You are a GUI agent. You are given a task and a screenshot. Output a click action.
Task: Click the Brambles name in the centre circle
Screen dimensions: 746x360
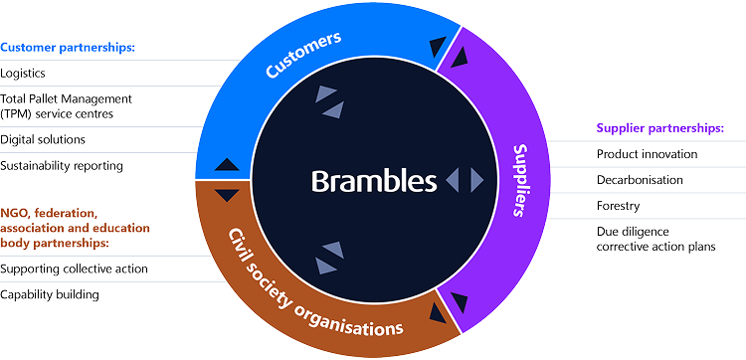coord(374,181)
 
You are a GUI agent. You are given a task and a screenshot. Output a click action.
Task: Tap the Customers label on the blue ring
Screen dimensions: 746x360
coord(303,55)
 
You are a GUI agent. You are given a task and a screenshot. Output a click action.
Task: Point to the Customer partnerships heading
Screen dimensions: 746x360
coord(68,47)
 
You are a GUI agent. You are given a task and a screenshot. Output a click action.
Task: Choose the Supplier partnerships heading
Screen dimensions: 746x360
coord(660,128)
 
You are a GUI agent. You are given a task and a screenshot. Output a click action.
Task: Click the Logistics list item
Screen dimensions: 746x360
coord(23,74)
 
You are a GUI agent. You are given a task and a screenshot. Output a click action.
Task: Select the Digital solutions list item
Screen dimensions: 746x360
coord(43,139)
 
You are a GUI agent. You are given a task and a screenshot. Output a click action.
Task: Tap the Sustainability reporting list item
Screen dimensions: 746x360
coord(62,166)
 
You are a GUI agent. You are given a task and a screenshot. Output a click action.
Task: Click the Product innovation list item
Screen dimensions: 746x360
coord(648,154)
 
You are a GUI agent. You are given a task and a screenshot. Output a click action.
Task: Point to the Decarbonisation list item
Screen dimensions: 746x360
coord(640,180)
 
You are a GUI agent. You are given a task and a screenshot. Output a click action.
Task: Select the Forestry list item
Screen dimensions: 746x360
coord(618,206)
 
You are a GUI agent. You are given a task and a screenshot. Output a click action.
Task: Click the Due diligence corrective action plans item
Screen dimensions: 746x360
coord(656,240)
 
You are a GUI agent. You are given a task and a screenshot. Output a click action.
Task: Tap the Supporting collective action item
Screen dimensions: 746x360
coord(74,269)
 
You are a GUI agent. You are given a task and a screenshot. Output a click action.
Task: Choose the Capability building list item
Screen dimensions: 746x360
coord(50,294)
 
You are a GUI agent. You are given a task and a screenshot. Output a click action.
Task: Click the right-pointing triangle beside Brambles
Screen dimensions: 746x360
coord(477,181)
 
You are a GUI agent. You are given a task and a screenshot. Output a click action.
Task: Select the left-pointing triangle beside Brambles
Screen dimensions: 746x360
coord(452,181)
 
